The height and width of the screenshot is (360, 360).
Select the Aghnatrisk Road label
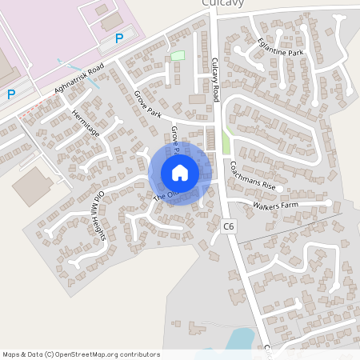[x=80, y=81]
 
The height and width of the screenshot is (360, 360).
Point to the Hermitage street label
[x=85, y=122]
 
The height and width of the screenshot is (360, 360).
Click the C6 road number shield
[x=230, y=227]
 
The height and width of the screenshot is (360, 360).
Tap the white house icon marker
[x=180, y=173]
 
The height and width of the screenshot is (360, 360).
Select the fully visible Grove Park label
[x=148, y=105]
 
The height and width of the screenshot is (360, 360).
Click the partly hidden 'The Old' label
[x=163, y=194]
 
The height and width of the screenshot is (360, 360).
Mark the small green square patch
[x=177, y=56]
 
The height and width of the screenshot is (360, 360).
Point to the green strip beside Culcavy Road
[x=226, y=142]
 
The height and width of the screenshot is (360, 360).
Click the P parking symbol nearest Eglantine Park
[x=119, y=38]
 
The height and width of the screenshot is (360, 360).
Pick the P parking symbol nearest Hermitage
[x=11, y=94]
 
